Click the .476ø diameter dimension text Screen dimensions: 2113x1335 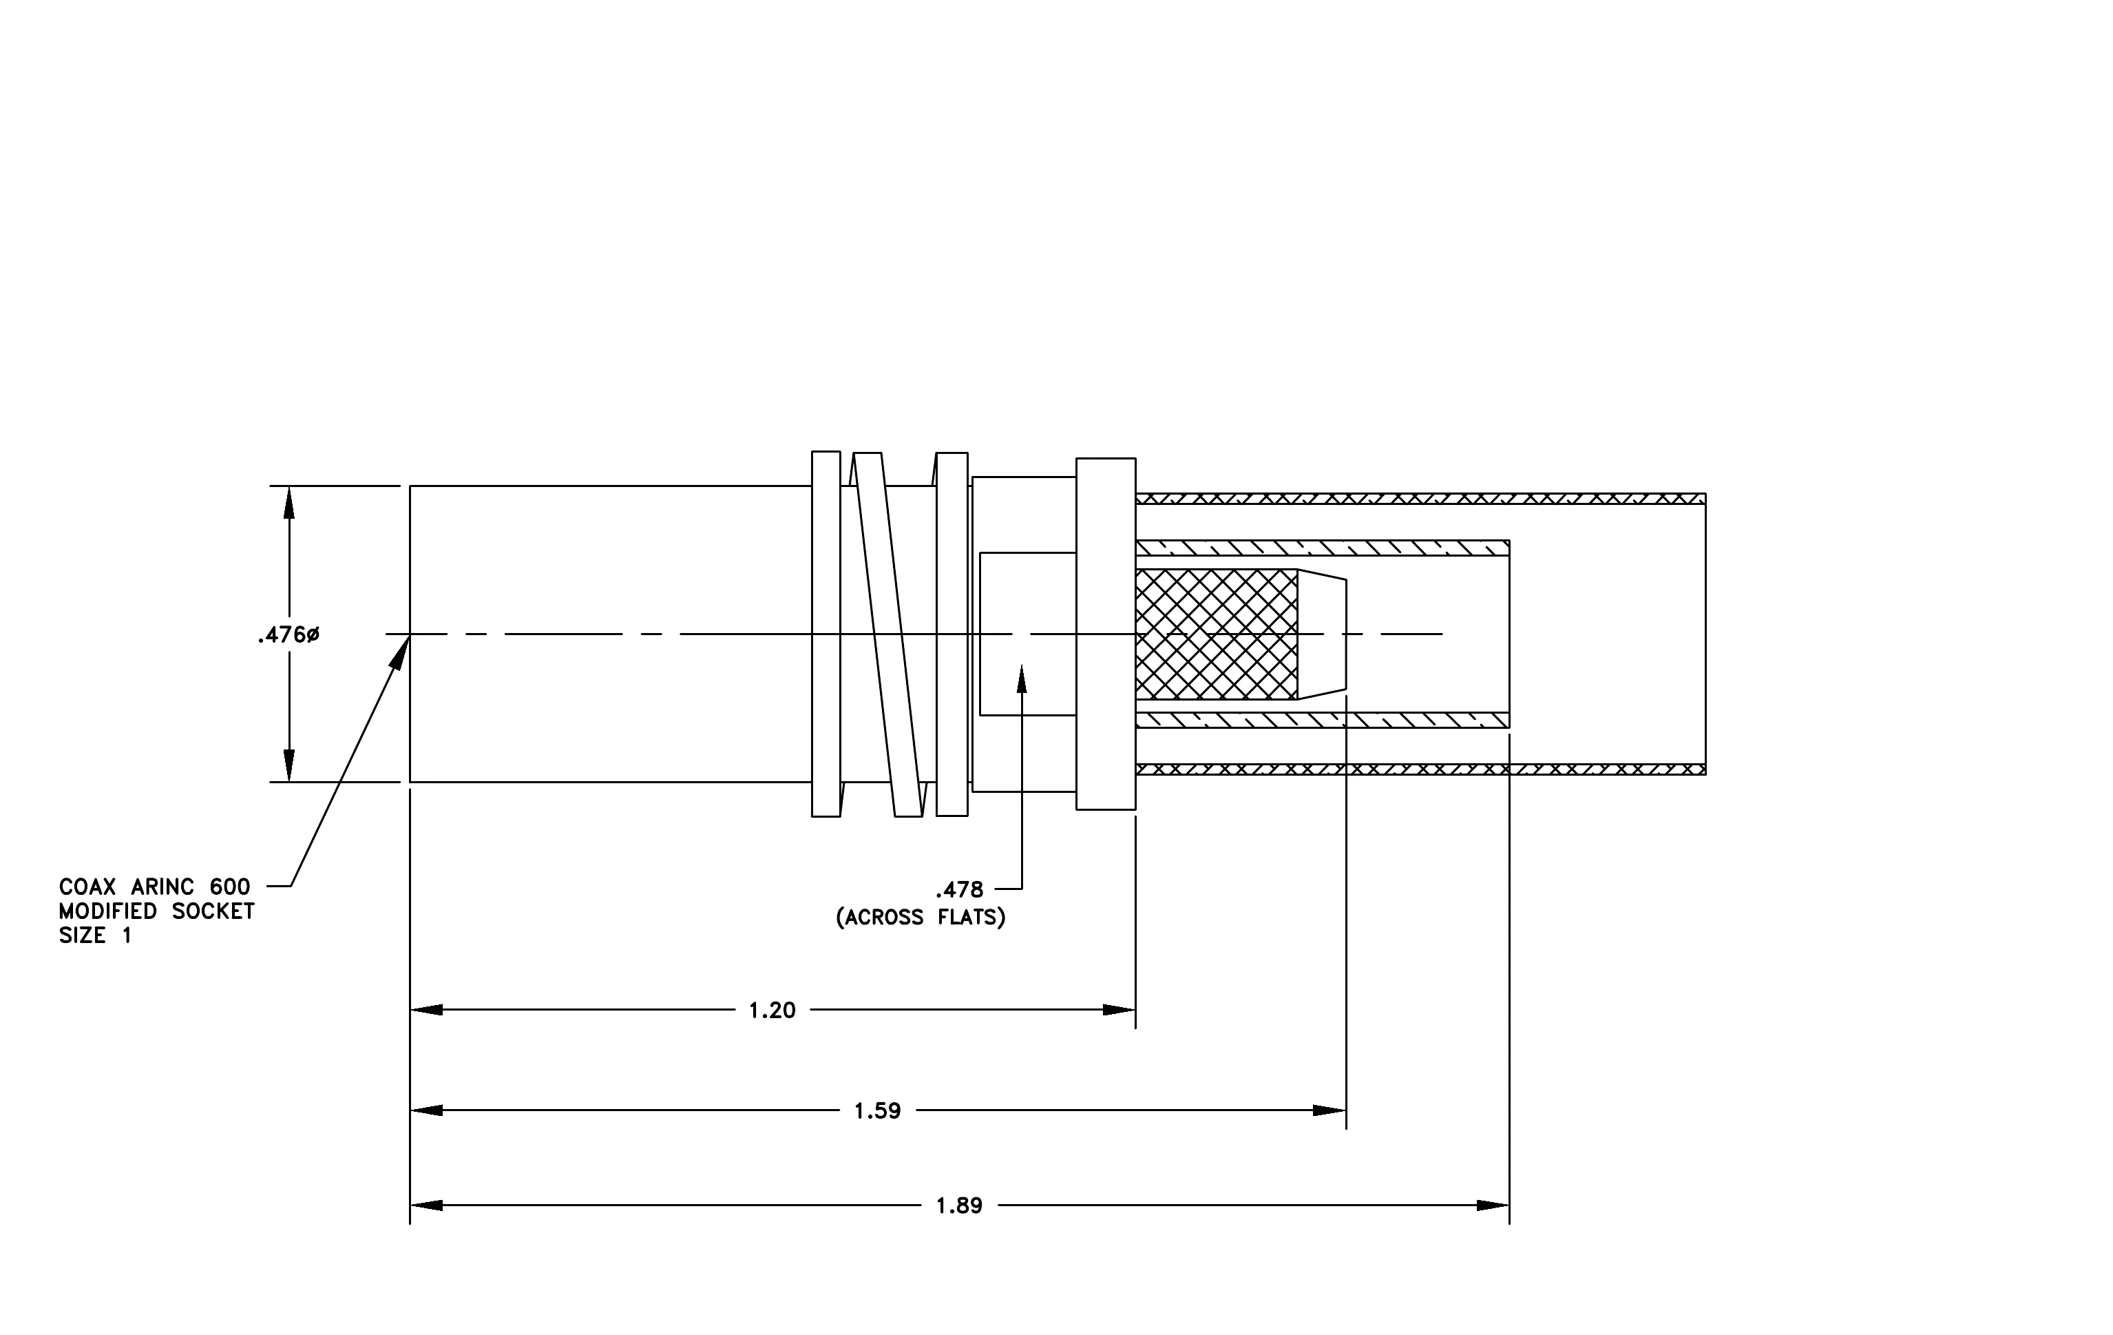(x=288, y=634)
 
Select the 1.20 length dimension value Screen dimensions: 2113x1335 (x=772, y=1011)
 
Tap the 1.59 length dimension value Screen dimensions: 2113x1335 (x=878, y=1111)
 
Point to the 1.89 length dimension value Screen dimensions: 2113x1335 (x=959, y=1206)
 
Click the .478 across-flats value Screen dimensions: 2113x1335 (x=959, y=890)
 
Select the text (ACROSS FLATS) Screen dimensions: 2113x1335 (x=921, y=917)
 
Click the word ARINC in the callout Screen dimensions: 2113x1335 (x=162, y=887)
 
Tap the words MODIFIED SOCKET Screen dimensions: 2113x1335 (x=156, y=911)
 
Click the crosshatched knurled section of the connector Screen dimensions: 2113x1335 (x=1216, y=634)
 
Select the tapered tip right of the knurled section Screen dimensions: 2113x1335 (x=1321, y=634)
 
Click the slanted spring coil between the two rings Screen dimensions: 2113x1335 (x=888, y=634)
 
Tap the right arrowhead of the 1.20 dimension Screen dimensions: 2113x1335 (x=1119, y=1011)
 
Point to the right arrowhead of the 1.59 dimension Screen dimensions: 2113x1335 (x=1330, y=1111)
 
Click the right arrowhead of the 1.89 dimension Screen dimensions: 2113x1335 (x=1493, y=1206)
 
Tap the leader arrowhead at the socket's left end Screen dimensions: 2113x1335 (x=400, y=653)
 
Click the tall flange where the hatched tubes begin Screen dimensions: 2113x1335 (x=1106, y=634)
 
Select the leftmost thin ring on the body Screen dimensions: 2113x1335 (x=826, y=634)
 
